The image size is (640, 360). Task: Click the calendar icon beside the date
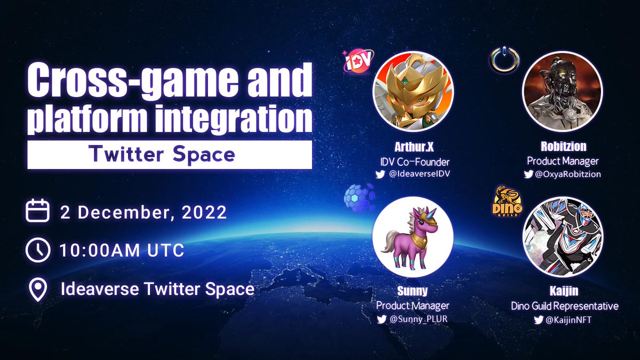pos(37,211)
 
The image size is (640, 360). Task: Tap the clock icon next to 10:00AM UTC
pos(37,250)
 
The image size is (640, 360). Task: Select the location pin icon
pos(37,290)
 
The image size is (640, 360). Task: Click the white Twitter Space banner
pos(170,155)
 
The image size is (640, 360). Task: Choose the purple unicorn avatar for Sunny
pos(412,236)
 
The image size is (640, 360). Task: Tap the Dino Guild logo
pos(508,201)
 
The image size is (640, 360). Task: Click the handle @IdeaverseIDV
pos(418,174)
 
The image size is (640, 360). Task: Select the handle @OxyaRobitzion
pos(567,174)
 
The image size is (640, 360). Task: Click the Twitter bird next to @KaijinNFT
pos(539,320)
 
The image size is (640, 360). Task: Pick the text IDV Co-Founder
pos(413,161)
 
